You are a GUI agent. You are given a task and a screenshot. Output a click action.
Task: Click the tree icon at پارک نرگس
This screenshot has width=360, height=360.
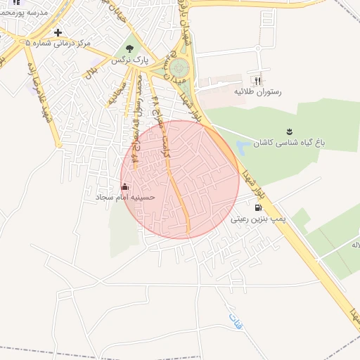tap(129, 49)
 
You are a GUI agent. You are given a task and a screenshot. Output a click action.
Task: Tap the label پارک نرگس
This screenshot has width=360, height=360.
tap(130, 61)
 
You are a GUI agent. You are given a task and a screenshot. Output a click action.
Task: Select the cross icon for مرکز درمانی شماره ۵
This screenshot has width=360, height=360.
tap(58, 32)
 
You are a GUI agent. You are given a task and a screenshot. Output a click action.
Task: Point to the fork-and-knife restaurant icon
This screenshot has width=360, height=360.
tap(256, 80)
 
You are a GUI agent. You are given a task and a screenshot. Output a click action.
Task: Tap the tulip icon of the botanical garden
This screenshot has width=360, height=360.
tap(288, 131)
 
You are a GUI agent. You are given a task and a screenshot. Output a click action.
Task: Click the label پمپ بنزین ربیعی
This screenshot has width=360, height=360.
tap(259, 219)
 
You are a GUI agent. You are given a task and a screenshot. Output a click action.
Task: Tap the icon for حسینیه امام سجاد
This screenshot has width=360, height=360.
tap(125, 186)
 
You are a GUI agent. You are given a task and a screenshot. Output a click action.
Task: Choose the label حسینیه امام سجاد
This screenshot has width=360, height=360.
tap(125, 198)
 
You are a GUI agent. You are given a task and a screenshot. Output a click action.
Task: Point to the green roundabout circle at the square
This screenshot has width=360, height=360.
tap(179, 69)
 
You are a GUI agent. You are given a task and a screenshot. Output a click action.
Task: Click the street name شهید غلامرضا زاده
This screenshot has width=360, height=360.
tap(39, 88)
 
